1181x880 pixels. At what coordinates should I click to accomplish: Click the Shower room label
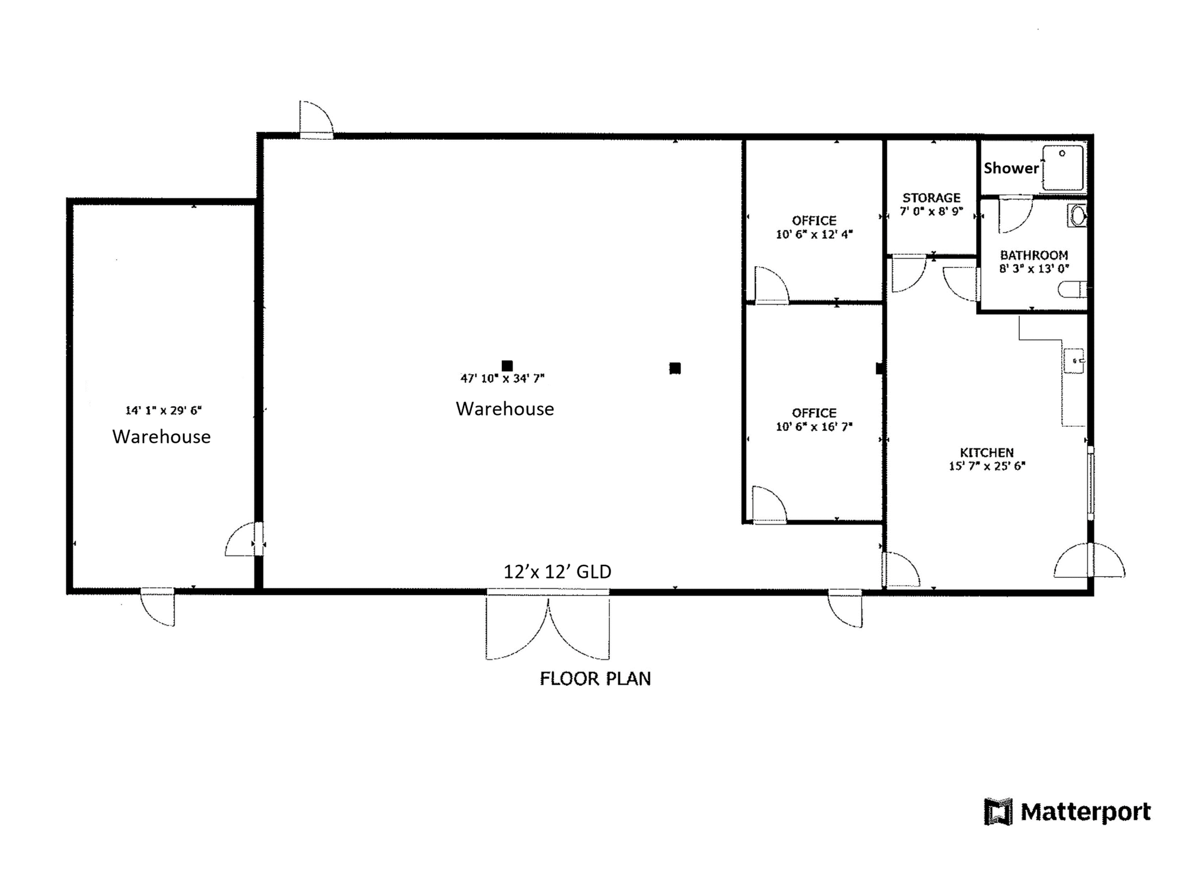[1011, 168]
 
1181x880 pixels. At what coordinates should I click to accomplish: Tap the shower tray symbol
[1063, 168]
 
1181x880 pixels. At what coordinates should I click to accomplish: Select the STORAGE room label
[931, 198]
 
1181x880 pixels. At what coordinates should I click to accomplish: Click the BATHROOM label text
[1034, 255]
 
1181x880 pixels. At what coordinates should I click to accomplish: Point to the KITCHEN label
[987, 453]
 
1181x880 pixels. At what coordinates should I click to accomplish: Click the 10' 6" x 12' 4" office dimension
[814, 234]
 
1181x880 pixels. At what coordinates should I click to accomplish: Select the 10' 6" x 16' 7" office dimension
[814, 427]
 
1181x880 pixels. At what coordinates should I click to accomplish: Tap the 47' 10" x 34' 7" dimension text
[503, 378]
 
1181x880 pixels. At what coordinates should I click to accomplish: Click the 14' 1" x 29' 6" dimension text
[164, 410]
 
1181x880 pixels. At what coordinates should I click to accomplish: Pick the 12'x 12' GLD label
[557, 571]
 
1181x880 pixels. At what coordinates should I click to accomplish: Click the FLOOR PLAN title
[595, 679]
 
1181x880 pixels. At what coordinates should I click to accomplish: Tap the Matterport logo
[1068, 812]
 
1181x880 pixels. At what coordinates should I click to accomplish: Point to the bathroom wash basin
[1077, 216]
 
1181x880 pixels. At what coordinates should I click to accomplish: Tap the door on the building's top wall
[317, 120]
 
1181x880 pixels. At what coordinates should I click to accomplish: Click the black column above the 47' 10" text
[507, 366]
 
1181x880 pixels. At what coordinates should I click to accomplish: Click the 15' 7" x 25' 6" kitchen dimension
[987, 466]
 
